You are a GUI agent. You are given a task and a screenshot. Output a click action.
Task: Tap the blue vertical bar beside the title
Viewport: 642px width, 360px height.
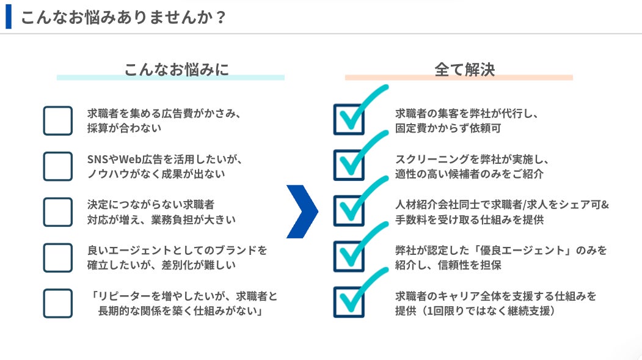(9, 17)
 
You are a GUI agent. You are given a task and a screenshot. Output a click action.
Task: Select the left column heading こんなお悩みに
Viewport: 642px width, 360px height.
(177, 69)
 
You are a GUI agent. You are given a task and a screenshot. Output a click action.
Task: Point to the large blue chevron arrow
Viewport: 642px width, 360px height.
(303, 211)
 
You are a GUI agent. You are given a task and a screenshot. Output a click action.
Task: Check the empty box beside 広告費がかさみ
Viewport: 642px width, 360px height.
(58, 120)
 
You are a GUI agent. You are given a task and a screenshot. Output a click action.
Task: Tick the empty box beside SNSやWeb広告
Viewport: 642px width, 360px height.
(58, 166)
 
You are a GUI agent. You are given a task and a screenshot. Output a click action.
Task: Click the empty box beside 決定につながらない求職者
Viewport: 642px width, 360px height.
(58, 211)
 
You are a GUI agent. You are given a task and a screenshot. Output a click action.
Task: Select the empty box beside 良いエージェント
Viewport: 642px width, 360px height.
(58, 257)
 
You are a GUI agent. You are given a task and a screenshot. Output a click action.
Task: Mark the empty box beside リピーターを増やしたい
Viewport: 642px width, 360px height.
(58, 303)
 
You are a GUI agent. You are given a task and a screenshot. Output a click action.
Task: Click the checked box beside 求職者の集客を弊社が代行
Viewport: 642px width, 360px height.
(349, 120)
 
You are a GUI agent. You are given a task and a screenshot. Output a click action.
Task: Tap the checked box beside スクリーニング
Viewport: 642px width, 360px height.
(349, 166)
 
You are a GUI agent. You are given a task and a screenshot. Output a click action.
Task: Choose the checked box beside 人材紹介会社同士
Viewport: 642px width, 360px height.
(349, 211)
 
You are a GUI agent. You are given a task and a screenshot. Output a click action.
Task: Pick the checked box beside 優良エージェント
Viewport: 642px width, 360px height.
(349, 257)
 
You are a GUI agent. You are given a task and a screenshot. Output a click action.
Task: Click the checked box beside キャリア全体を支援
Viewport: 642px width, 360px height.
(349, 303)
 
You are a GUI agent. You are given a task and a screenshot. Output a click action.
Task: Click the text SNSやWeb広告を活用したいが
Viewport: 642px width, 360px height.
(165, 159)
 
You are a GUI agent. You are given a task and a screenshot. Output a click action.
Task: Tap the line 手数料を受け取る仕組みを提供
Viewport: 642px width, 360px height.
(469, 219)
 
